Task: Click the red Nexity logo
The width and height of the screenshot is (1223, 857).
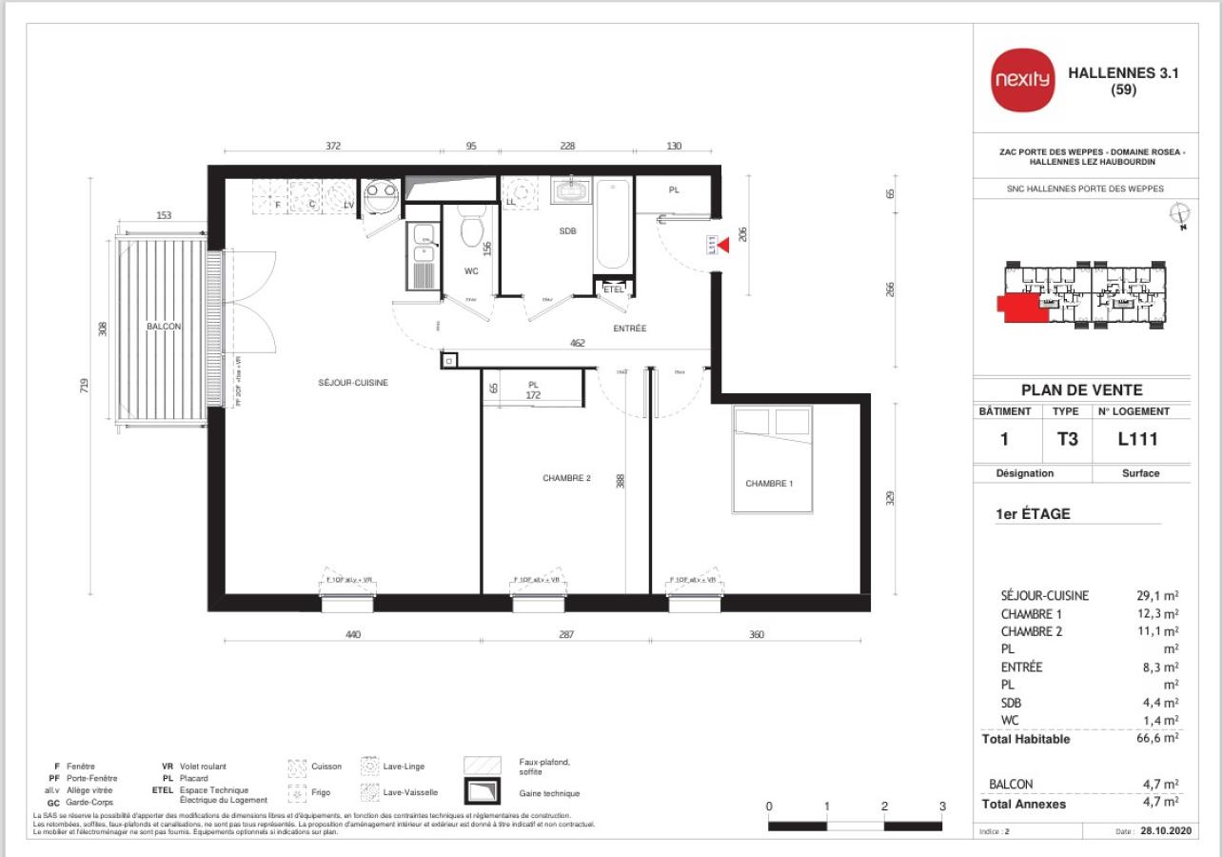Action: [1023, 79]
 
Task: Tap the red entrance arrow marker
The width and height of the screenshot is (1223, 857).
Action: [722, 246]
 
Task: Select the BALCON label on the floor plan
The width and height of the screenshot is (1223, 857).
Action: [164, 327]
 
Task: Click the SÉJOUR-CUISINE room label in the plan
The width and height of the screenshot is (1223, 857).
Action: [353, 383]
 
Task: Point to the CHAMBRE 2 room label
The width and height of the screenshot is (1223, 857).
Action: [567, 478]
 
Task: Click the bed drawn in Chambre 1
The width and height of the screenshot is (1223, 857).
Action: [773, 459]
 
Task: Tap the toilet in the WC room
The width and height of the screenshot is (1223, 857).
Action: [472, 229]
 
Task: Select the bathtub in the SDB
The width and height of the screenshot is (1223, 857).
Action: [611, 225]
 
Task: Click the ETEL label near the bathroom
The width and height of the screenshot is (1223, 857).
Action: [613, 289]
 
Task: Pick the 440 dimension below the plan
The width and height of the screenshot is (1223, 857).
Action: [353, 634]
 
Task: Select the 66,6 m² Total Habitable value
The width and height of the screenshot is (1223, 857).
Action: [1160, 738]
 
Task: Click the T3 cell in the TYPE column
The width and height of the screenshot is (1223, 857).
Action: [1066, 439]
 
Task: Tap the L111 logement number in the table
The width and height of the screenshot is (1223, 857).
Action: [1137, 439]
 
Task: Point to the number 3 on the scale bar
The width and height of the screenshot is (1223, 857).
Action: [942, 807]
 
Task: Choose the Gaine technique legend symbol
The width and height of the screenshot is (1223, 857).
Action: [483, 792]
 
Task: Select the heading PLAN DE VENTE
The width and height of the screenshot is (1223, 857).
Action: [1081, 389]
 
